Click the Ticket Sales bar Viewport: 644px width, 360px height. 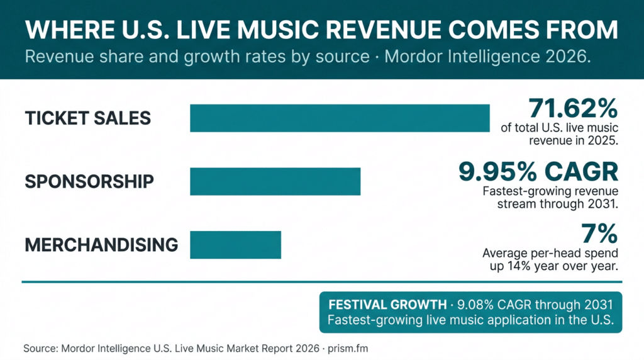coord(340,118)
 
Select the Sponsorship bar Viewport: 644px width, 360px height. coord(275,181)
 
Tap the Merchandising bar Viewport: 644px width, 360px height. coord(235,245)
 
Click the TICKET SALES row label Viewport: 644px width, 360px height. coord(88,118)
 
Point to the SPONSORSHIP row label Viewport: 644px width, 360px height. coord(89,181)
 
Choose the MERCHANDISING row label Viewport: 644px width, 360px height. coord(101,245)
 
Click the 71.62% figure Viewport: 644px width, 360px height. coord(573,108)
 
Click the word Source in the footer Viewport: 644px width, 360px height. coord(40,347)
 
